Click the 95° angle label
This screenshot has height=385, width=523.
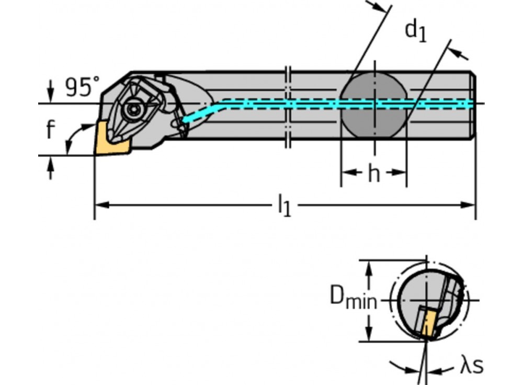coord(82,88)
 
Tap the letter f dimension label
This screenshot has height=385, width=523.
coord(50,130)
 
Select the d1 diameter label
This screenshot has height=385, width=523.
coord(416,30)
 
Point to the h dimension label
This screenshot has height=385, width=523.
coord(373,174)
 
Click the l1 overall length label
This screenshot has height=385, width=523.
coord(284,205)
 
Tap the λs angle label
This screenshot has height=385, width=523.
coord(471,366)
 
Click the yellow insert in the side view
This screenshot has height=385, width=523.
coord(110,139)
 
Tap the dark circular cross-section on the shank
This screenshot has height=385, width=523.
coord(373,105)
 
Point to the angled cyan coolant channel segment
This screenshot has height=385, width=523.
coord(201,111)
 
